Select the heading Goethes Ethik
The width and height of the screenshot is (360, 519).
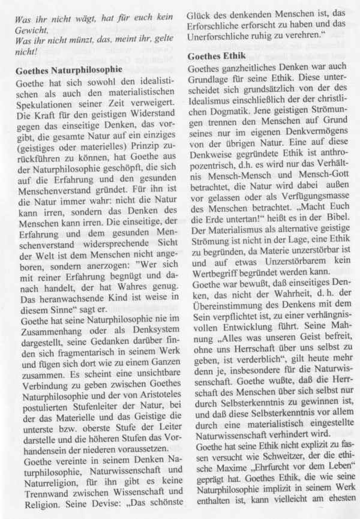pyautogui.click(x=218, y=56)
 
